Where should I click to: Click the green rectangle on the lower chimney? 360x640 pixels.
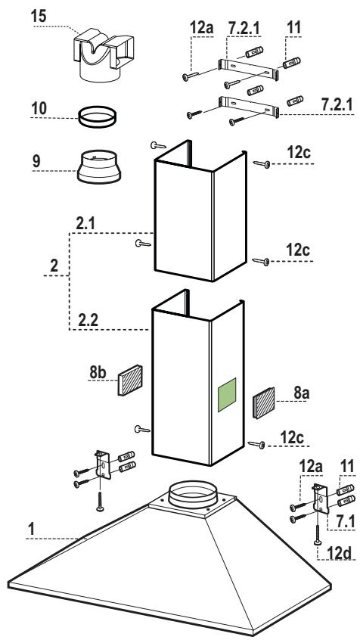227,395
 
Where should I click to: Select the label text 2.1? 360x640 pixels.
85,224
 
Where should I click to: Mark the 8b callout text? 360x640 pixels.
98,373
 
